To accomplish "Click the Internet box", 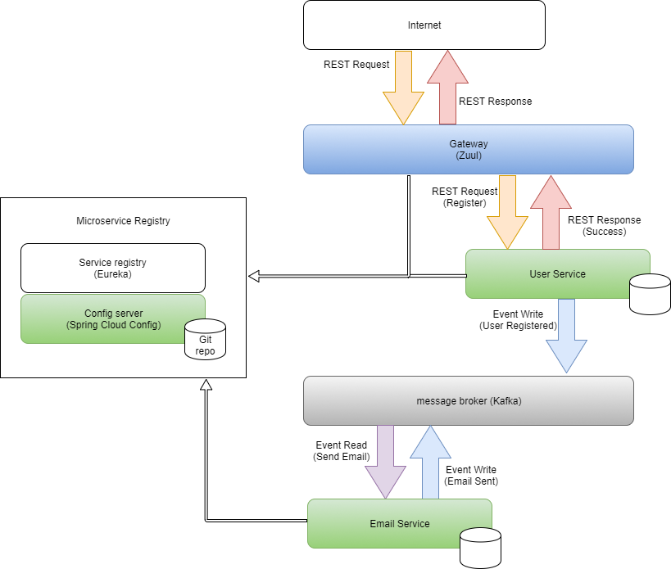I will click(424, 25).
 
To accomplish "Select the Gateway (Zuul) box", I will click(468, 149).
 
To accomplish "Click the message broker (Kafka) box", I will click(468, 401).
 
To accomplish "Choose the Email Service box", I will click(399, 524).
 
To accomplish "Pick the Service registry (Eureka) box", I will click(112, 268).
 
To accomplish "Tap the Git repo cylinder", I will click(205, 340).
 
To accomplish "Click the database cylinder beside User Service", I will click(650, 294).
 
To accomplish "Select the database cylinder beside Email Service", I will click(480, 548).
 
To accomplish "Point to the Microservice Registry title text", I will click(123, 221).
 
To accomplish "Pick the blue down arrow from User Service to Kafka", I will click(566, 336).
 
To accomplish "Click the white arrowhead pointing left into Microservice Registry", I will click(254, 276).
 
